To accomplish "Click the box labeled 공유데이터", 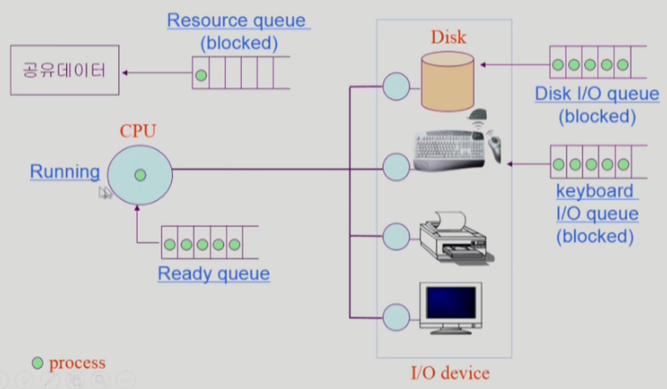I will tap(64, 69).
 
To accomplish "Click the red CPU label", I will tap(138, 132).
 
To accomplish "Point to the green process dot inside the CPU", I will tap(139, 176).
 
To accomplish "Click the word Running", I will tap(64, 171).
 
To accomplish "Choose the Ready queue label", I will tap(214, 273).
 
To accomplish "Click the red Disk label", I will tap(448, 37).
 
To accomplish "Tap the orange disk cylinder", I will tap(448, 82).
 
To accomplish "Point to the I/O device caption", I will tap(450, 373).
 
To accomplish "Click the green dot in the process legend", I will tap(37, 363).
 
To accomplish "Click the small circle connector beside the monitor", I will tap(396, 316).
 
